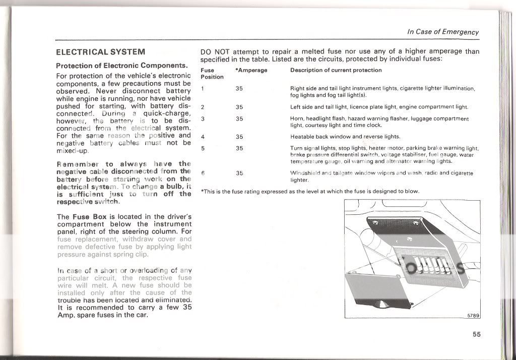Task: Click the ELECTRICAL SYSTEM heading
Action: [101, 52]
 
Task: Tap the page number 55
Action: [476, 334]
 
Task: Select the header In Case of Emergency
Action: [443, 32]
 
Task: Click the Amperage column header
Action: [251, 70]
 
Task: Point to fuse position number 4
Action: [203, 137]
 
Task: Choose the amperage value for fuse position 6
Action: [239, 173]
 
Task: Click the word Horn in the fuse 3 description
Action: [297, 119]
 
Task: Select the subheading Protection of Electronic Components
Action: [121, 66]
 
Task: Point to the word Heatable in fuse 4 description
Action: [302, 137]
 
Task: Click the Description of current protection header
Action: [336, 70]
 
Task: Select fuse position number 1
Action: [203, 89]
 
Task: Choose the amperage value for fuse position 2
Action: [239, 107]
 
